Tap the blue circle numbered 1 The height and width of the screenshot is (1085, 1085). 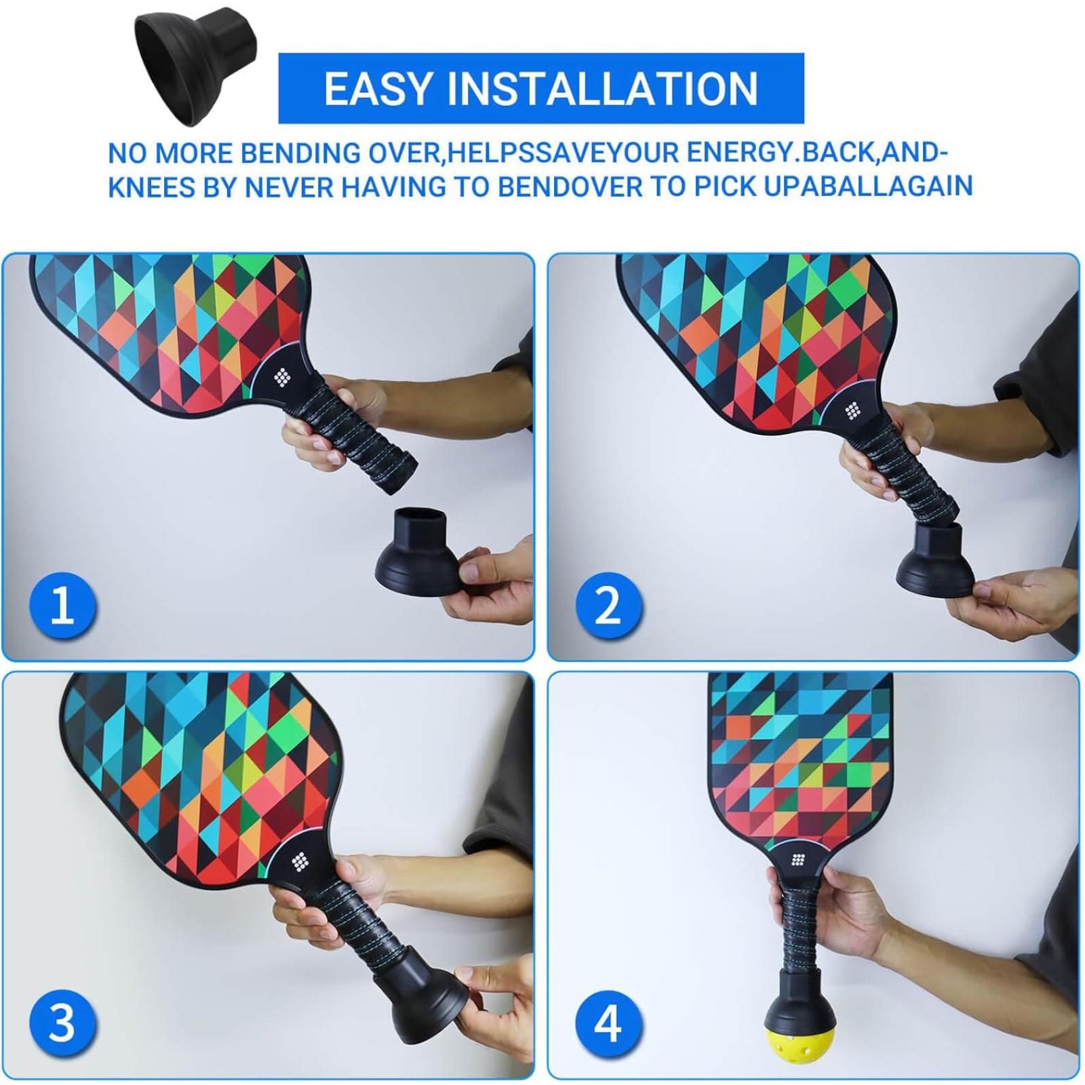pyautogui.click(x=62, y=605)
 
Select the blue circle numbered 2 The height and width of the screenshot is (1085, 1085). pyautogui.click(x=608, y=605)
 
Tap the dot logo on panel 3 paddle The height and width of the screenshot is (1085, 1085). pyautogui.click(x=300, y=862)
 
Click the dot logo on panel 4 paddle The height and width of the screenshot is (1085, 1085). pyautogui.click(x=798, y=860)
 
